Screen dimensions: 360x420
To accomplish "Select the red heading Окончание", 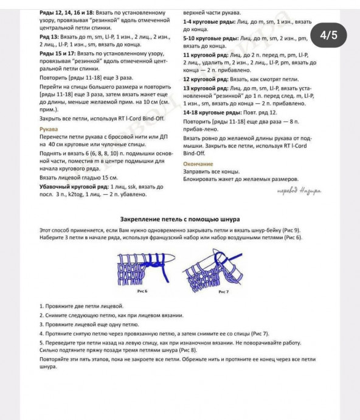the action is [198, 164].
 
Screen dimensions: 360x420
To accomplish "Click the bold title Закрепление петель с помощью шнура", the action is [179, 219].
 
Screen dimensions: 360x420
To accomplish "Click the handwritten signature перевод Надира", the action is [299, 191].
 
